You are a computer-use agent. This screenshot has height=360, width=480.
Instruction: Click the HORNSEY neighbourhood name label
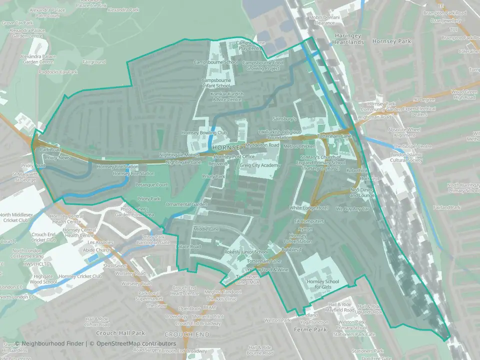tap(227, 148)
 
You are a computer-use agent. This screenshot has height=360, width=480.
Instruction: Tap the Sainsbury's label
tap(284, 119)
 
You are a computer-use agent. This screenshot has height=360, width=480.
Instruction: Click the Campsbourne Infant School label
tap(215, 82)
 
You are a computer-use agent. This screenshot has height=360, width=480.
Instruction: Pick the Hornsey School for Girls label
tap(323, 284)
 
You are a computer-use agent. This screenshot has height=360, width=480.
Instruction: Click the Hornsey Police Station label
tap(300, 238)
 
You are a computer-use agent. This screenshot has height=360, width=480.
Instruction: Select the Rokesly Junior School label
tap(246, 252)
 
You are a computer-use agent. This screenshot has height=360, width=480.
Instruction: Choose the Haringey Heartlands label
tap(343, 42)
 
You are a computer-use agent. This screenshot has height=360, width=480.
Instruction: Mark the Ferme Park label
tap(310, 330)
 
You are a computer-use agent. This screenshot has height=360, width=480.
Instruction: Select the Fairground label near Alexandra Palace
tap(94, 62)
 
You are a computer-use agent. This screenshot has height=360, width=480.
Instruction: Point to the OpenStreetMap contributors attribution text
tap(136, 343)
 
